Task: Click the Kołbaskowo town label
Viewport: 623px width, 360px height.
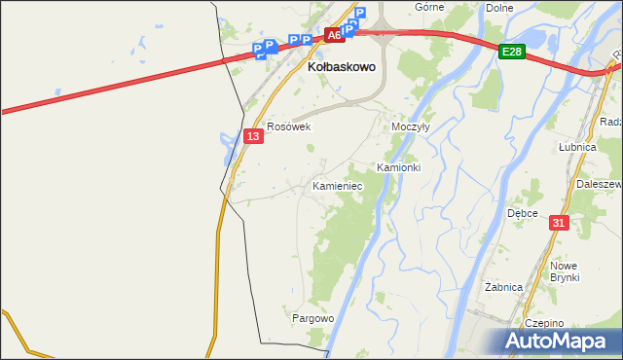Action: pos(342,69)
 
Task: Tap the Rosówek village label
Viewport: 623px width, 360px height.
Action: pos(288,126)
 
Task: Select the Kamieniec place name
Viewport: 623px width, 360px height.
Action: pos(338,185)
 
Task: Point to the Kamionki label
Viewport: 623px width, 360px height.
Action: pos(398,167)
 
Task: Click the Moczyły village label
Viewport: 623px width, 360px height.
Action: pos(410,127)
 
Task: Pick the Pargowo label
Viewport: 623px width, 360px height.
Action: pos(312,318)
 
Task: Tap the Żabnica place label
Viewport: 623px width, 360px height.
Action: pos(504,287)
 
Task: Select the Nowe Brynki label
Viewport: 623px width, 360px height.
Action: pos(564,271)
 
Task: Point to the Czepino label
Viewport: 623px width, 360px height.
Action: pos(544,323)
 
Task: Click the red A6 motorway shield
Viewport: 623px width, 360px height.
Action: pos(334,35)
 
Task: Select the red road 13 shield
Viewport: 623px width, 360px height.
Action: pos(253,137)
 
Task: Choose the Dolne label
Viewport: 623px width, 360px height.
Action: pos(498,8)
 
